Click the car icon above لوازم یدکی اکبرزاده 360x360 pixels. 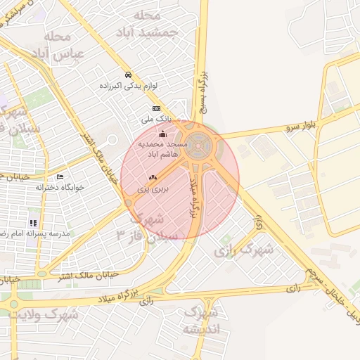coord(127,75)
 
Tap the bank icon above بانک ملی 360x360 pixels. coord(156,108)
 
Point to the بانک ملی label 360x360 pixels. coord(155,120)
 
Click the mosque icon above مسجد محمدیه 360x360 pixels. coord(163,133)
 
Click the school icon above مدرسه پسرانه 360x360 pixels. coord(33,223)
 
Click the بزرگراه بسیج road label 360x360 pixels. coord(202,91)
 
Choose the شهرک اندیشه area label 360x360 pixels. coord(200,320)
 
